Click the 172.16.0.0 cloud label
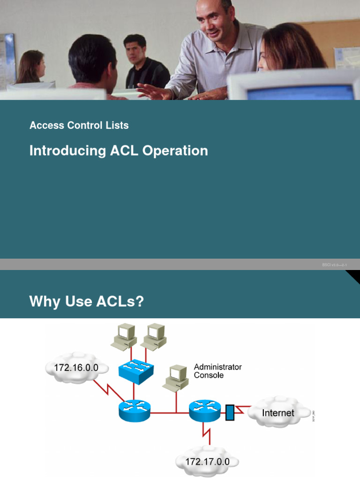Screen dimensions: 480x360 (76, 368)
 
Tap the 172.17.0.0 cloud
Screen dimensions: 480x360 (207, 462)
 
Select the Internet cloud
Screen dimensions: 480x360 (278, 413)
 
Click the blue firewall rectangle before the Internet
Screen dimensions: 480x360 (230, 412)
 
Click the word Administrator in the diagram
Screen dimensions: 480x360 (217, 367)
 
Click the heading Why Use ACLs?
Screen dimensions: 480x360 (86, 302)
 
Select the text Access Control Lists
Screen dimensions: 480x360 (79, 125)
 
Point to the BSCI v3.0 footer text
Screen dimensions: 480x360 (334, 265)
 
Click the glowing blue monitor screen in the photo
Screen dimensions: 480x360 (300, 92)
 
